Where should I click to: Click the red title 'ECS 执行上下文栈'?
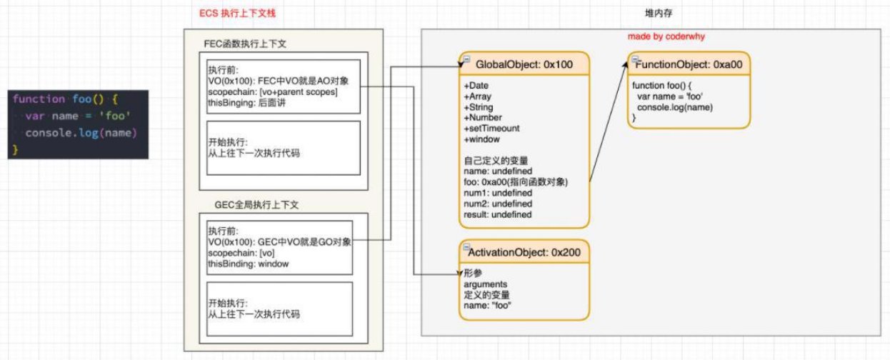(237, 13)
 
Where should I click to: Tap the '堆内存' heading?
(659, 13)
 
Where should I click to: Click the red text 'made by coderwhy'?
(666, 36)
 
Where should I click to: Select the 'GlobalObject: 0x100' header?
(524, 64)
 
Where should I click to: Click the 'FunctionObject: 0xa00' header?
(689, 64)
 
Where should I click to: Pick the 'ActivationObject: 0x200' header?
(524, 252)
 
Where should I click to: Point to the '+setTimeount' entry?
(491, 129)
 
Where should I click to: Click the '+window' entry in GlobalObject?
(481, 139)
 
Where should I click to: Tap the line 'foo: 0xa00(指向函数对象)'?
(516, 182)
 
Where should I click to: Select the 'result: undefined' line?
(497, 214)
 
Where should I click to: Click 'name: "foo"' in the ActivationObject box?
(487, 306)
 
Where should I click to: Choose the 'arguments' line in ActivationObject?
(485, 284)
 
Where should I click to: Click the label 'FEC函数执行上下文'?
(245, 44)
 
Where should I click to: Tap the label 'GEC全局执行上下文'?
(256, 204)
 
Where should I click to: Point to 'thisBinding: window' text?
(248, 264)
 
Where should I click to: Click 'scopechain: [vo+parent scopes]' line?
(273, 92)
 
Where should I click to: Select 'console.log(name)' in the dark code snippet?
(81, 133)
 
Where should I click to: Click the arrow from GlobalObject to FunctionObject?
(608, 122)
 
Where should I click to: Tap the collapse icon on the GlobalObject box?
(466, 59)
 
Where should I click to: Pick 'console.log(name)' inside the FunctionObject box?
(675, 107)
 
